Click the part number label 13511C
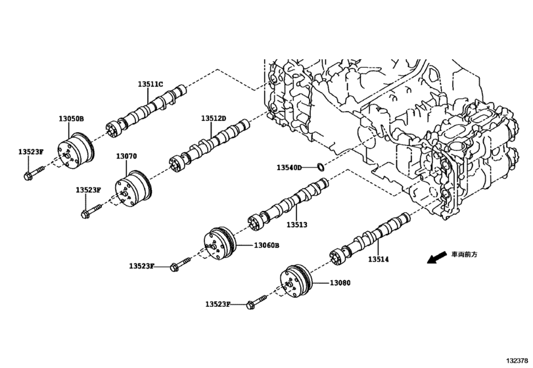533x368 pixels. pos(151,84)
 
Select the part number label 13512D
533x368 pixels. pos(214,118)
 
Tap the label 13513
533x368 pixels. pos(296,225)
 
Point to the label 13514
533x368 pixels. pos(378,260)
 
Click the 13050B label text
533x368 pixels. pos(71,119)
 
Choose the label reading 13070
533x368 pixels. pos(126,156)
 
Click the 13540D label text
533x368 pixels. pos(289,168)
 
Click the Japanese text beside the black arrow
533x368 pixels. pos(465,253)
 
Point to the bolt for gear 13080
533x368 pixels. pos(254,304)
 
